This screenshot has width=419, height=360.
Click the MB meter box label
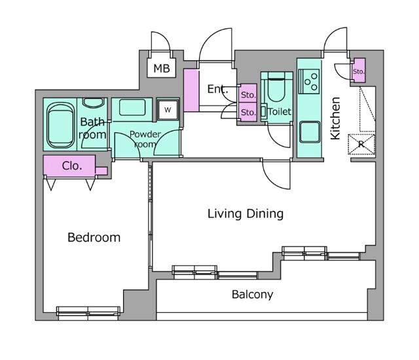pyautogui.click(x=160, y=68)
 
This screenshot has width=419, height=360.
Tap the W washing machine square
pyautogui.click(x=168, y=109)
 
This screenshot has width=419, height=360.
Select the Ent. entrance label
pyautogui.click(x=218, y=90)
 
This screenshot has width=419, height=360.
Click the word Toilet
pyautogui.click(x=280, y=112)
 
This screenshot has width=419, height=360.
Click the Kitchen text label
pyautogui.click(x=335, y=118)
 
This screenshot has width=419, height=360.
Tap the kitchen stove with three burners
pyautogui.click(x=308, y=81)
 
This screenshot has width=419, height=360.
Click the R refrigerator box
pyautogui.click(x=361, y=143)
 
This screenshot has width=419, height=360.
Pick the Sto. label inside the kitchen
pyautogui.click(x=358, y=71)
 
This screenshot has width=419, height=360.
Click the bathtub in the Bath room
pyautogui.click(x=61, y=126)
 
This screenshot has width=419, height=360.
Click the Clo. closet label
pyautogui.click(x=72, y=166)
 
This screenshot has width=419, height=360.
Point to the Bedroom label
pyautogui.click(x=94, y=238)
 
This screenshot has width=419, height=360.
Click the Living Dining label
pyautogui.click(x=246, y=213)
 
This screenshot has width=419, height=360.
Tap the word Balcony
pyautogui.click(x=253, y=295)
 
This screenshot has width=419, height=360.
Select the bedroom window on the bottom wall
pyautogui.click(x=88, y=311)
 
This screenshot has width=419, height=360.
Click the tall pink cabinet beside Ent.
pyautogui.click(x=191, y=90)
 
